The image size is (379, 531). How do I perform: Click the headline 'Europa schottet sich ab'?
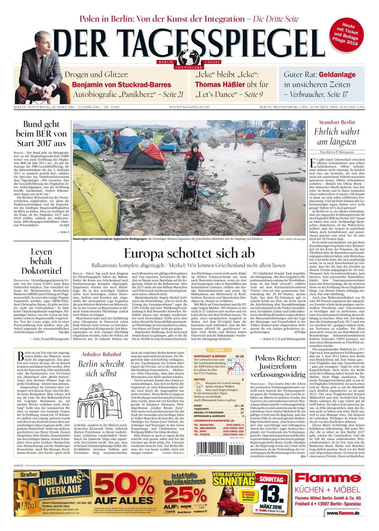click(x=189, y=253)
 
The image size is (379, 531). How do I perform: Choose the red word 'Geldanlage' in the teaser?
click(x=337, y=75)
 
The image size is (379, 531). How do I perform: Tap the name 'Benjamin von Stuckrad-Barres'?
click(x=122, y=85)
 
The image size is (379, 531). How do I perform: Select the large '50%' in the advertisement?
click(x=123, y=485)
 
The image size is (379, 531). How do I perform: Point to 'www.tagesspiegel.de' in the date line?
click(x=189, y=107)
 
